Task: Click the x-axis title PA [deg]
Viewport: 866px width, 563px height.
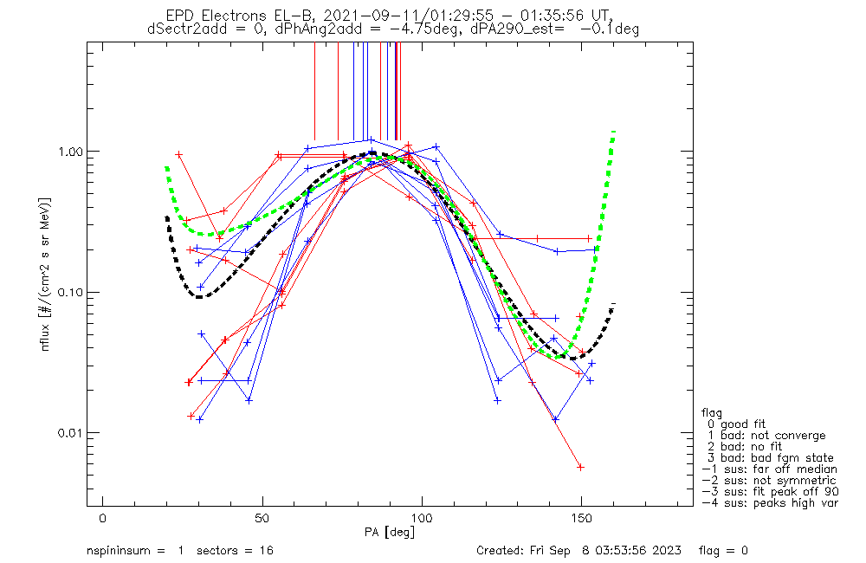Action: click(x=390, y=531)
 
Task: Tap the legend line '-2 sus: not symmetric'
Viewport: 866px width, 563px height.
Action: click(x=769, y=480)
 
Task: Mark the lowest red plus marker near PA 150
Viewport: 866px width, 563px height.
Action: click(x=580, y=467)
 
